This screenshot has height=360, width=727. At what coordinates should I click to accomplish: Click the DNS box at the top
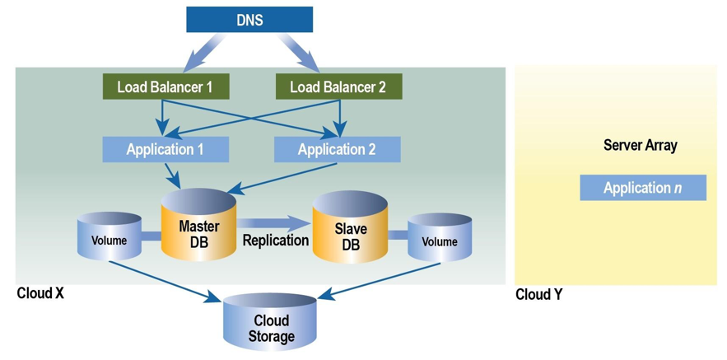[x=249, y=20]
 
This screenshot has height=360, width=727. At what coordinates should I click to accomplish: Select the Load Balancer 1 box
[x=165, y=86]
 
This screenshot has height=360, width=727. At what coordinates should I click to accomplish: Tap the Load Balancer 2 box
[x=338, y=86]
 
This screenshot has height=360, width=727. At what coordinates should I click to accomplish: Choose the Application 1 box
[x=165, y=149]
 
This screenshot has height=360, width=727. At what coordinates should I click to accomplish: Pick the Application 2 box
[x=337, y=149]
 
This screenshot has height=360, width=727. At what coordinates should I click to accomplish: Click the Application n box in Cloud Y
[x=642, y=188]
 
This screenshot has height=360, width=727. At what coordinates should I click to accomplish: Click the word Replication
[x=275, y=241]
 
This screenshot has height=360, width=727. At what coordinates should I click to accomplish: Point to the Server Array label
[x=640, y=146]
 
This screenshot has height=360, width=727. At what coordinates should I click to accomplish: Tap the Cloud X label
[x=40, y=293]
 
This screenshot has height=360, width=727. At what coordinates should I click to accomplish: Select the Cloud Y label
[x=539, y=294]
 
